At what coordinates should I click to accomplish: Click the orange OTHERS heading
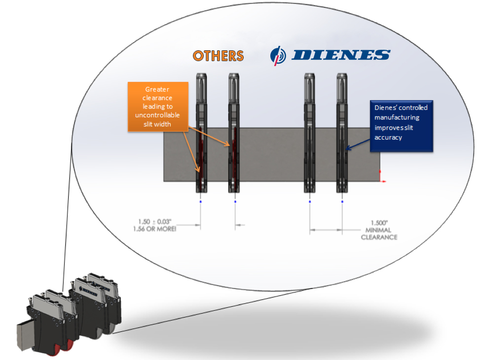click(x=218, y=56)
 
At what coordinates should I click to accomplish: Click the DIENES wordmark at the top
click(x=341, y=55)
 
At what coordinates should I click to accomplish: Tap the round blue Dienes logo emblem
click(x=278, y=56)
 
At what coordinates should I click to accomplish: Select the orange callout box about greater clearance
click(x=158, y=107)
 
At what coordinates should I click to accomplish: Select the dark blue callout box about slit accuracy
click(x=402, y=126)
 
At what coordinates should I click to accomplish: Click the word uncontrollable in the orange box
click(x=157, y=115)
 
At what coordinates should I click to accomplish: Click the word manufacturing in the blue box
click(x=397, y=117)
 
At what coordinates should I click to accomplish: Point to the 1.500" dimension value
click(x=379, y=223)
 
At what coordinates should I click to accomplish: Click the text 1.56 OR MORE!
click(x=154, y=229)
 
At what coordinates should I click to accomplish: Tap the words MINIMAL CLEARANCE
click(x=379, y=234)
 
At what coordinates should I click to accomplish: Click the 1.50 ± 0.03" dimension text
click(x=154, y=222)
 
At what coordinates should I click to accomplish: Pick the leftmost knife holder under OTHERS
click(x=201, y=133)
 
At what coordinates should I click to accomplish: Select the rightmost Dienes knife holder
click(x=342, y=133)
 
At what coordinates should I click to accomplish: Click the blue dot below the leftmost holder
click(x=201, y=202)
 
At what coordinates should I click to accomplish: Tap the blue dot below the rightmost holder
click(x=342, y=202)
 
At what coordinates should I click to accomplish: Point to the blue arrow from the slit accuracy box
click(x=358, y=144)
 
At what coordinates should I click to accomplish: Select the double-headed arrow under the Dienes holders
click(x=326, y=229)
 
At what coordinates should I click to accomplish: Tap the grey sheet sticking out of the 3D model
click(x=25, y=335)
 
